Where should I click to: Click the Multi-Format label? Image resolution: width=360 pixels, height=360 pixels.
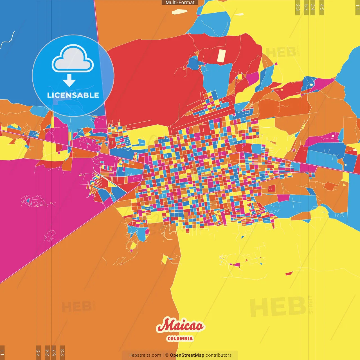(x=180, y=3)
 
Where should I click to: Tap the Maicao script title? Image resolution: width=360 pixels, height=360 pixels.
(x=180, y=326)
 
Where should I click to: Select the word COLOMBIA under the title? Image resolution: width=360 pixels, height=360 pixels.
(x=180, y=339)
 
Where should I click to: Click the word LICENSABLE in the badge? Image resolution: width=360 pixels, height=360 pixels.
(x=73, y=95)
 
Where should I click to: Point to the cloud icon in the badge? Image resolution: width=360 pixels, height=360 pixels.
(x=73, y=58)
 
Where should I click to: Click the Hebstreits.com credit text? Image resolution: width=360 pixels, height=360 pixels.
(x=145, y=355)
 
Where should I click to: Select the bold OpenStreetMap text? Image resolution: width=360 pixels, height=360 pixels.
(x=187, y=355)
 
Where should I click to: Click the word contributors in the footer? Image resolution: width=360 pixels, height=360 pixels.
(x=219, y=355)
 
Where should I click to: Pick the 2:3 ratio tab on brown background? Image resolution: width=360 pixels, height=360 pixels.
(x=62, y=352)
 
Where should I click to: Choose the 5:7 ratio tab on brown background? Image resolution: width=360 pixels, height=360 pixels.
(x=54, y=352)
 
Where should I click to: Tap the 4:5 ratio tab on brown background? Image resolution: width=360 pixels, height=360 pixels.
(x=39, y=352)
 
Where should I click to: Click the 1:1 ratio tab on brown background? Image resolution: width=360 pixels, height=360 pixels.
(x=2, y=352)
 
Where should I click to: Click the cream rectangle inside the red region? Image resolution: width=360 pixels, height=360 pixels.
(x=221, y=56)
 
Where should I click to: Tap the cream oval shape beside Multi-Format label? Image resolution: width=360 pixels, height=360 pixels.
(x=179, y=12)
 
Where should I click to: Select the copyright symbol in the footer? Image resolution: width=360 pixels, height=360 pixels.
(x=166, y=355)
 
